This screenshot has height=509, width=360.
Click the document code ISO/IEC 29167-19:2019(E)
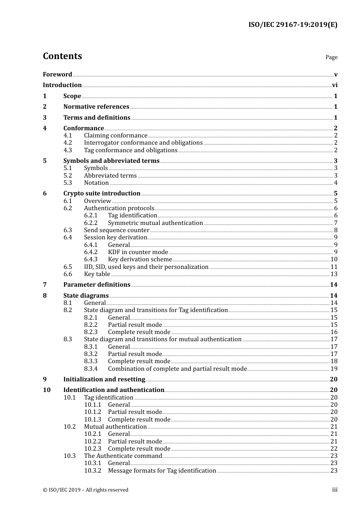(293, 25)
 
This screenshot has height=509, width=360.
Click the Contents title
(62, 56)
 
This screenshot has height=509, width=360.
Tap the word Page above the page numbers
(331, 57)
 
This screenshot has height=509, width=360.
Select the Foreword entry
(57, 75)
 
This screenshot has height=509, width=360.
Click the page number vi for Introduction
(335, 85)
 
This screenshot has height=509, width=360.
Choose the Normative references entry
(96, 107)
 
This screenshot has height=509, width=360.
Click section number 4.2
(67, 143)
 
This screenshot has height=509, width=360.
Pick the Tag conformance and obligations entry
(130, 150)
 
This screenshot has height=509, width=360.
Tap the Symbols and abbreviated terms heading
(111, 161)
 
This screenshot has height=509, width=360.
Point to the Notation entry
(96, 183)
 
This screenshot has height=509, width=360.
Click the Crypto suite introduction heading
(102, 194)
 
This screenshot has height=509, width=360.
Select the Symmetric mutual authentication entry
(155, 223)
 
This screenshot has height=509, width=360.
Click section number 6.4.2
(91, 252)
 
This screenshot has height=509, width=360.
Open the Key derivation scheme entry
(140, 259)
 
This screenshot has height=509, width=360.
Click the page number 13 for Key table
(334, 274)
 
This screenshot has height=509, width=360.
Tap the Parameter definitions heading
(97, 285)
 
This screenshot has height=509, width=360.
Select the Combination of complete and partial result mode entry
(177, 369)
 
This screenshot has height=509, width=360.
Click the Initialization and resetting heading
(104, 379)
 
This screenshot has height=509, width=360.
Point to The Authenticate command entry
(123, 456)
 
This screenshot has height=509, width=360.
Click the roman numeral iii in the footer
(335, 490)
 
